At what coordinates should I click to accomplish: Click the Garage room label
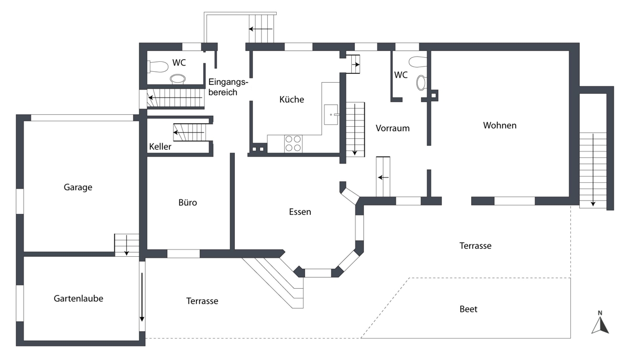[78, 187]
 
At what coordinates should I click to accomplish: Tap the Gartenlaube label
[79, 298]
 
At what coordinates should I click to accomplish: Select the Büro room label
[187, 202]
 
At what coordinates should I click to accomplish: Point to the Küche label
[291, 100]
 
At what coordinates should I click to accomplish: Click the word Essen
[300, 212]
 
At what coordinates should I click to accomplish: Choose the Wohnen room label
[500, 125]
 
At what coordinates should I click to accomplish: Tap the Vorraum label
[393, 128]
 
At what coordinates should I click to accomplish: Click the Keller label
[160, 147]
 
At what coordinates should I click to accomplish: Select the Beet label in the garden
[468, 309]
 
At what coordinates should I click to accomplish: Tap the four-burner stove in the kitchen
[293, 144]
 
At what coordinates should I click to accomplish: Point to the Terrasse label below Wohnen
[475, 245]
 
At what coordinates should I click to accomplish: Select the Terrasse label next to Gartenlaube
[202, 301]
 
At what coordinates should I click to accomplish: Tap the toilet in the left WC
[155, 67]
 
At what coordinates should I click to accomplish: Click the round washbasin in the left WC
[178, 79]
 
